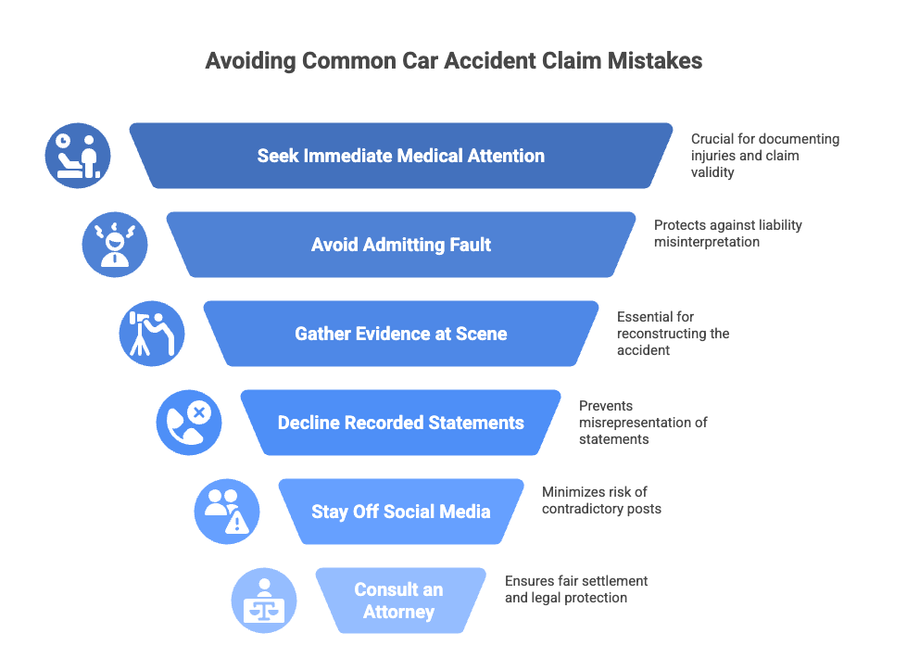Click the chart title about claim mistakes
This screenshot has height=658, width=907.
coord(453,61)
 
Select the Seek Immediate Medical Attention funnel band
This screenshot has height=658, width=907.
coord(401,156)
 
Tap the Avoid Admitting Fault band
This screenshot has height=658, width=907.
coord(401,245)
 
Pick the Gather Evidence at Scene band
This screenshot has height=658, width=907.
coord(401,334)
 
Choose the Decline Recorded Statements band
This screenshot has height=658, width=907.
coord(401,423)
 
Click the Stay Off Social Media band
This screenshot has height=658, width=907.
coord(401,512)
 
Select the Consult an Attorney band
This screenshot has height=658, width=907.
coord(399,601)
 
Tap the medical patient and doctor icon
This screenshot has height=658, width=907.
coord(78,156)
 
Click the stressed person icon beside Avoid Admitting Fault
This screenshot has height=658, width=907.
coord(115,245)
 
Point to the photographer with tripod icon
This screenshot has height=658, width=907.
coord(152,334)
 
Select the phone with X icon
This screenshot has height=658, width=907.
coord(189,423)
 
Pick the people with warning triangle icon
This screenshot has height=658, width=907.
coord(227,512)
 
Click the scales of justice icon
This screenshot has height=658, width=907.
coord(264,601)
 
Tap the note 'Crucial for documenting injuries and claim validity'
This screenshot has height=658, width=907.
coord(764,156)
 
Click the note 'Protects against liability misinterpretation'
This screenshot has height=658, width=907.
coord(727,234)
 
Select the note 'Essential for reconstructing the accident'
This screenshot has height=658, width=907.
coord(673,334)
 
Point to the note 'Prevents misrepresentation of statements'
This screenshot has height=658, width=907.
coord(642,423)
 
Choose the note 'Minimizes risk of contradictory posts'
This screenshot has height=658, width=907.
coord(601,500)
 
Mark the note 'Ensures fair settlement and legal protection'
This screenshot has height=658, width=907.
coord(575,589)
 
